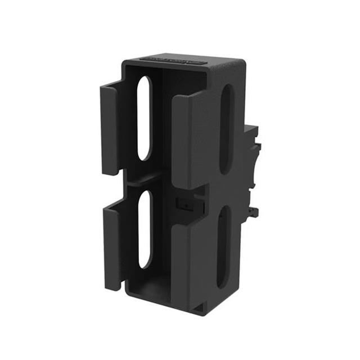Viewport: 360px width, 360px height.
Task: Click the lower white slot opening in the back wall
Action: click(x=145, y=228)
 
